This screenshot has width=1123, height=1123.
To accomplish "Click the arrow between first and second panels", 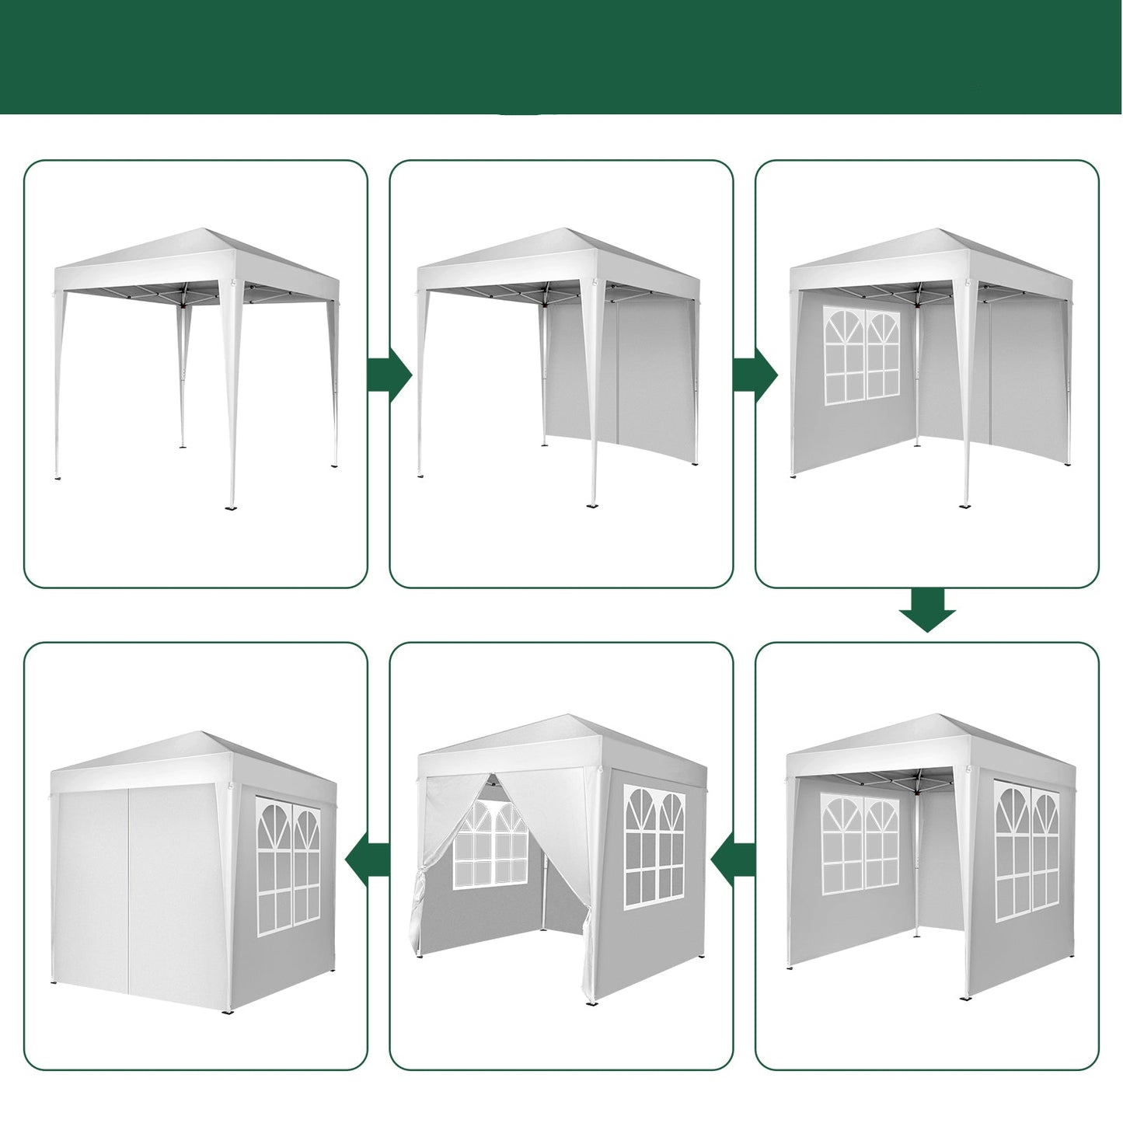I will click(x=389, y=375).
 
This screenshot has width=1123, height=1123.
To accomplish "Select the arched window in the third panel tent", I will click(x=861, y=356).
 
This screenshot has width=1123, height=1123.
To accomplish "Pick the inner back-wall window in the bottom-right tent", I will click(x=860, y=844).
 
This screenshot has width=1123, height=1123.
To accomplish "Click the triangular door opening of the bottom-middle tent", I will click(x=490, y=863).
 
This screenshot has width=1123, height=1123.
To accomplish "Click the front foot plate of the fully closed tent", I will click(x=228, y=1012).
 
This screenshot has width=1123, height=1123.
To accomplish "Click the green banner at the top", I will click(x=561, y=56).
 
